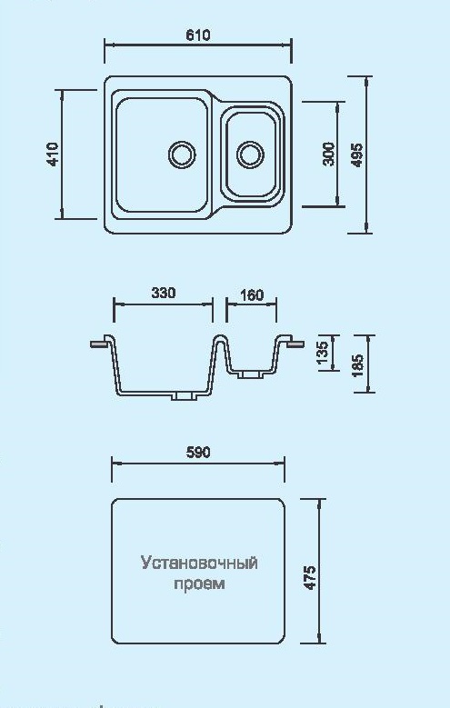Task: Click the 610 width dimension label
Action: (198, 35)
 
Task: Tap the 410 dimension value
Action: (53, 155)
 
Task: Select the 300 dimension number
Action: (329, 154)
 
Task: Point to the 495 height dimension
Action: (356, 155)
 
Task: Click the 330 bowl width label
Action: (163, 293)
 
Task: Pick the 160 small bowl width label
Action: (251, 294)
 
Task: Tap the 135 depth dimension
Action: (322, 354)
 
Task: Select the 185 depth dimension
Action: (356, 365)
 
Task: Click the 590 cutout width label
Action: (198, 452)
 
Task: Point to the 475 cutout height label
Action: (310, 577)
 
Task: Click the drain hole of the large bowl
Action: (182, 154)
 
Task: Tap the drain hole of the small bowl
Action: (250, 155)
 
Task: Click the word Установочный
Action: (199, 563)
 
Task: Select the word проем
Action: (199, 583)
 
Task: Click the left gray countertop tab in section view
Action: (99, 344)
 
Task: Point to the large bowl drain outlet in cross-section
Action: (183, 396)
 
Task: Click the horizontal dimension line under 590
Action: (198, 463)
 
